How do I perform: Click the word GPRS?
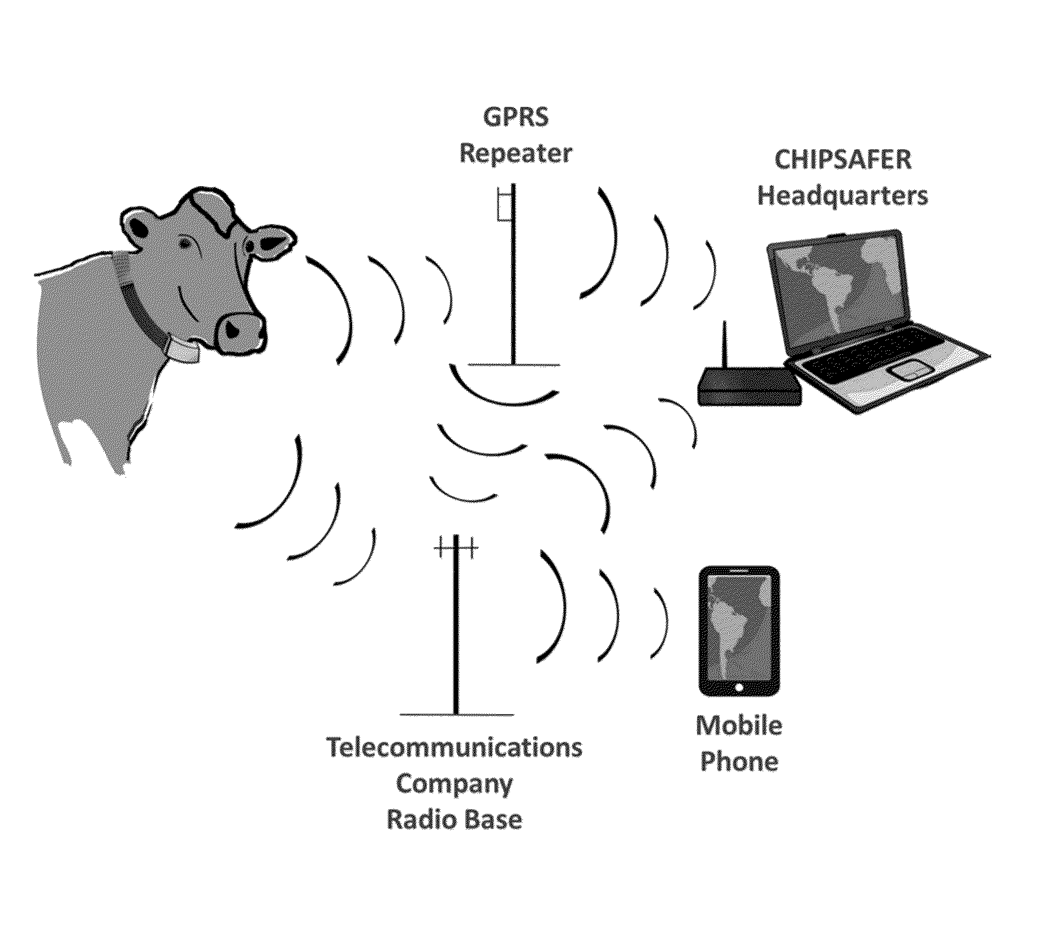(x=515, y=118)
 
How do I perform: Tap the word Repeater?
(x=515, y=154)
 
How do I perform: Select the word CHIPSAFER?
(x=842, y=160)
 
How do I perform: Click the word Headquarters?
(x=842, y=196)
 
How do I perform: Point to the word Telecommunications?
(x=455, y=748)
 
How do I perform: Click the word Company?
(x=455, y=784)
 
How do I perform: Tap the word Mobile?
(x=739, y=725)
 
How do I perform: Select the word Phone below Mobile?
(x=739, y=762)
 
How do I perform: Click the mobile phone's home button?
(x=739, y=687)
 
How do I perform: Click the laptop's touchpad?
(x=910, y=371)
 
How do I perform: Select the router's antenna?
(x=724, y=345)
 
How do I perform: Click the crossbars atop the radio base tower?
(x=456, y=547)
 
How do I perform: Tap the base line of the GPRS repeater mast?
(x=513, y=365)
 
